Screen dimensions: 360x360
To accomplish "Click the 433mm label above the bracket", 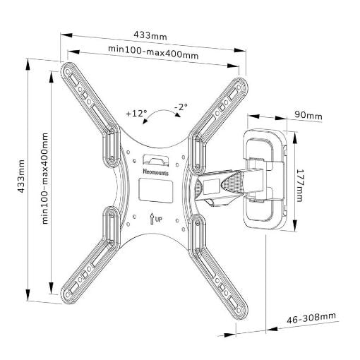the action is pyautogui.click(x=150, y=35).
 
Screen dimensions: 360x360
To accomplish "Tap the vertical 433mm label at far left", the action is pyautogui.click(x=21, y=176).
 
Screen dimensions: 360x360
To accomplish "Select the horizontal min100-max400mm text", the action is pyautogui.click(x=153, y=52).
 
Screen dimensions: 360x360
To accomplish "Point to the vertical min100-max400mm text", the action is pyautogui.click(x=45, y=179).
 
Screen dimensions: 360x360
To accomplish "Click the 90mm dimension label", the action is pyautogui.click(x=308, y=116).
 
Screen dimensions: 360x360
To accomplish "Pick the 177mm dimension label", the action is pyautogui.click(x=299, y=186).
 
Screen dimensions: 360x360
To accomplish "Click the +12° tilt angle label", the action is pyautogui.click(x=136, y=114).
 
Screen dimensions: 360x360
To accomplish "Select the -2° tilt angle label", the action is pyautogui.click(x=181, y=107).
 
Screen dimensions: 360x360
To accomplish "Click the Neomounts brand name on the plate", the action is pyautogui.click(x=156, y=172).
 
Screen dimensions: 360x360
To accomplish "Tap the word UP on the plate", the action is pyautogui.click(x=159, y=220).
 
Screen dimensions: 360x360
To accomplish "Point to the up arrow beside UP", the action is pyautogui.click(x=152, y=218).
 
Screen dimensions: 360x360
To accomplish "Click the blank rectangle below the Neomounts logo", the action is pyautogui.click(x=156, y=190).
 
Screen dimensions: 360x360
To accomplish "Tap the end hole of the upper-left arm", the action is pyautogui.click(x=68, y=71).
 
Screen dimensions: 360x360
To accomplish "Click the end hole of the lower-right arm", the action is pyautogui.click(x=239, y=311).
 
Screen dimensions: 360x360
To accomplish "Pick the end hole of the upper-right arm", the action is pyautogui.click(x=239, y=88).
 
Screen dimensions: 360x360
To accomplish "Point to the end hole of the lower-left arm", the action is pyautogui.click(x=68, y=295).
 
